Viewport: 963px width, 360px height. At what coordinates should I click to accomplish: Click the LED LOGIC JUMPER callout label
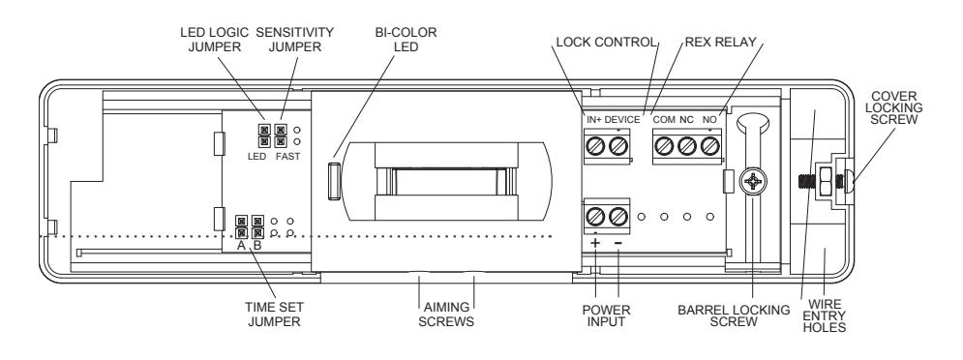[214, 40]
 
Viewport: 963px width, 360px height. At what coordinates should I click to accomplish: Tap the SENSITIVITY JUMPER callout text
[295, 40]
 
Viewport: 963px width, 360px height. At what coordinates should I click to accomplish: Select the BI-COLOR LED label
[406, 40]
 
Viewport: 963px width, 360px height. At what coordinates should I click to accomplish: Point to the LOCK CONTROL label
[606, 43]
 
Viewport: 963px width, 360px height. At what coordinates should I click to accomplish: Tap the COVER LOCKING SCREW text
[897, 107]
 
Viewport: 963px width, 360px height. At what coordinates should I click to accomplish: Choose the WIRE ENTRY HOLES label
[826, 315]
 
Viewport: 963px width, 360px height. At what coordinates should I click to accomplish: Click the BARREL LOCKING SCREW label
[734, 315]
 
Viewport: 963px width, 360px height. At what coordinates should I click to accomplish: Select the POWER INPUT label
[606, 315]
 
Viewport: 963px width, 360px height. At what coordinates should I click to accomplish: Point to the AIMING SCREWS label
[446, 314]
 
